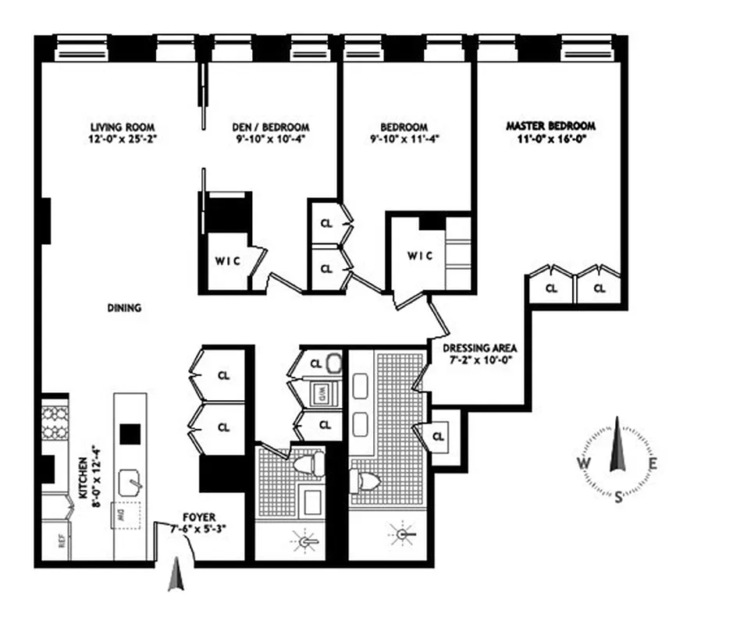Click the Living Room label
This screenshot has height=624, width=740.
pos(123,127)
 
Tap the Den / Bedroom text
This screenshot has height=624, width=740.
pos(271,127)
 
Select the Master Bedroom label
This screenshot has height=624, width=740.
pos(550,126)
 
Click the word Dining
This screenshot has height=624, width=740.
pos(124,308)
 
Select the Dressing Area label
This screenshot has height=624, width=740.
pos(479,348)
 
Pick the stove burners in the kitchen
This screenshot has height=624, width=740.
pos(55,421)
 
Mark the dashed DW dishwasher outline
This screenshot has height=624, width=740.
pos(125,516)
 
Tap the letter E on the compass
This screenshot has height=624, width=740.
pos(653,464)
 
